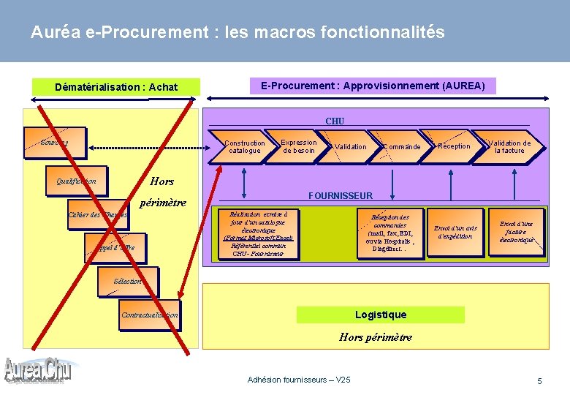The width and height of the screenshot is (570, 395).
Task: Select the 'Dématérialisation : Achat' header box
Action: [116, 87]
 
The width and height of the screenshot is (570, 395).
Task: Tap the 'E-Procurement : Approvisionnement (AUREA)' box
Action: [373, 86]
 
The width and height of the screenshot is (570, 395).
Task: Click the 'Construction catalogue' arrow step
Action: [244, 147]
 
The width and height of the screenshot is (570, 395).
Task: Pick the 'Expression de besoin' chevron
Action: [299, 146]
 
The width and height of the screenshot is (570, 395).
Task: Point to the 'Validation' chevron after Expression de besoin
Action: [350, 147]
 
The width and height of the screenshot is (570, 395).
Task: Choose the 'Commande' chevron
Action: [400, 147]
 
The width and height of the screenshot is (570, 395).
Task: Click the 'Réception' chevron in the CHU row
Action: [453, 146]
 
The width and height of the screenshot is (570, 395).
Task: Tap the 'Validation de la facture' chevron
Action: [509, 147]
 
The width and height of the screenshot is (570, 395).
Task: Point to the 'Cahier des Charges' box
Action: [96, 214]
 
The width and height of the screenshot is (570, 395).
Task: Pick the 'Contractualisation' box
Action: [149, 315]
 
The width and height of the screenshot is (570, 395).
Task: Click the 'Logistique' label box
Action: [380, 315]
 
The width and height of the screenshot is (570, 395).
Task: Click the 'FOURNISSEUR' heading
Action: [341, 196]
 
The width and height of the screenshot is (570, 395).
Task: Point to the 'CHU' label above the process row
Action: [335, 121]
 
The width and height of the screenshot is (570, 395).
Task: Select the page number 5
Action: [539, 381]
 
